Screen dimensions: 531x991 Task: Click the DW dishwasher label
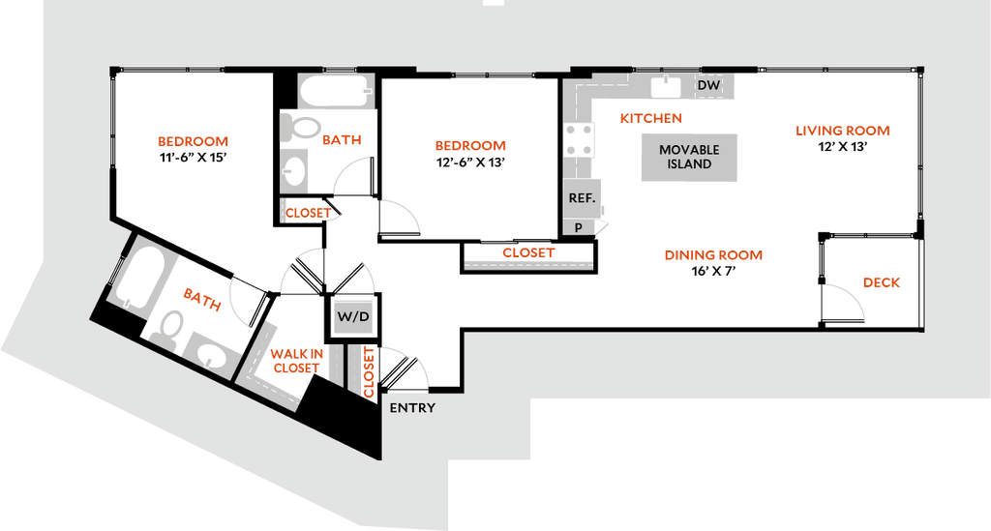pyautogui.click(x=708, y=86)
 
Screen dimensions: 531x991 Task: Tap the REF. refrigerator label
pyautogui.click(x=581, y=196)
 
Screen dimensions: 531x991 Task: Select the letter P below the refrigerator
pyautogui.click(x=578, y=227)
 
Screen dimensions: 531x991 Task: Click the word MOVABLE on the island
pyautogui.click(x=689, y=150)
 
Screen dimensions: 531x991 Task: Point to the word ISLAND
pyautogui.click(x=689, y=164)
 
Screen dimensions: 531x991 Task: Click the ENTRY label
pyautogui.click(x=412, y=408)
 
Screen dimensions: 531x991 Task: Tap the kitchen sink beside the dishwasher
pyautogui.click(x=666, y=87)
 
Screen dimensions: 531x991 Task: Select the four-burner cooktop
pyautogui.click(x=581, y=139)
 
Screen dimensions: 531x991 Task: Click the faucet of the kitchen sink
pyautogui.click(x=666, y=78)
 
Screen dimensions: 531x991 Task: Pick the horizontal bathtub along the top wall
pyautogui.click(x=334, y=94)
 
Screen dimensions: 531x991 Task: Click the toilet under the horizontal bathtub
pyautogui.click(x=300, y=127)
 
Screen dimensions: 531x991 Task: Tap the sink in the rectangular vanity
pyautogui.click(x=295, y=171)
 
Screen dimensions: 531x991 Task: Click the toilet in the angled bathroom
pyautogui.click(x=169, y=326)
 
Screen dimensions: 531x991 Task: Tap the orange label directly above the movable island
pyautogui.click(x=651, y=119)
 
